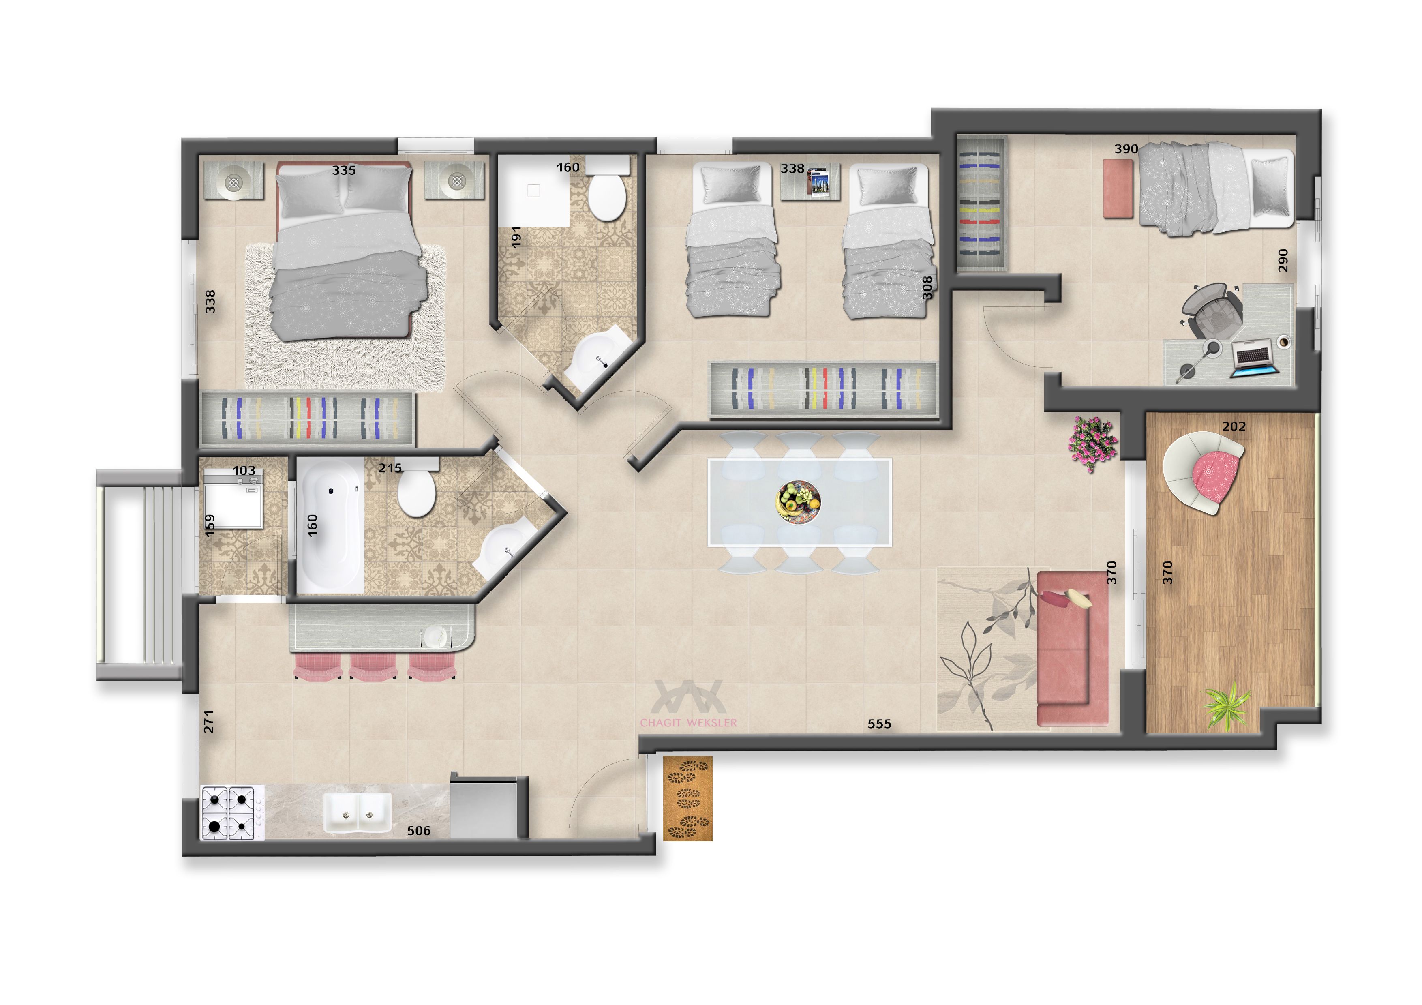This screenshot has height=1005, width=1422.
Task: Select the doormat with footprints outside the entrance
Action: (x=687, y=798)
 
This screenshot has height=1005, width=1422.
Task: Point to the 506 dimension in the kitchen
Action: (x=419, y=830)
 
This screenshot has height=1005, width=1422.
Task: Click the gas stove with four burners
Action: (x=227, y=812)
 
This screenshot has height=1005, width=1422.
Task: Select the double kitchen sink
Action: (x=358, y=812)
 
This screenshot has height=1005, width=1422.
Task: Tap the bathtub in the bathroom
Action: (x=330, y=525)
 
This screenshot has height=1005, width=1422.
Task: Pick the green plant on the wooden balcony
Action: (x=1226, y=705)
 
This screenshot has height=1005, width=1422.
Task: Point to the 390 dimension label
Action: (x=1126, y=149)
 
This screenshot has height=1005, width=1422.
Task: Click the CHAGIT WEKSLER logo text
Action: (x=689, y=722)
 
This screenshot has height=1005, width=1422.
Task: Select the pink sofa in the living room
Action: (x=1072, y=648)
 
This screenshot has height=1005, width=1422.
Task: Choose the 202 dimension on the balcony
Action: (x=1234, y=426)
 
